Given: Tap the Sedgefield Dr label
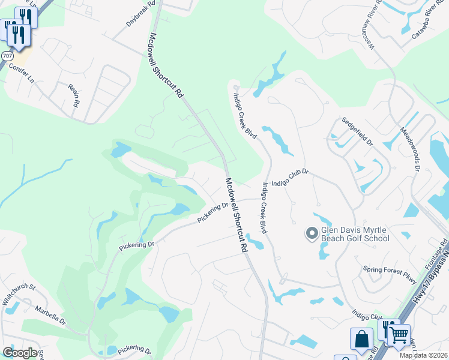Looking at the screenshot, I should [357, 132].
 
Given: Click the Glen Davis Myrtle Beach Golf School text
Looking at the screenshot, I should [355, 233].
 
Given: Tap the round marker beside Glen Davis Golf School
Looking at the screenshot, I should [312, 233].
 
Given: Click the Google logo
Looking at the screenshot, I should [20, 353].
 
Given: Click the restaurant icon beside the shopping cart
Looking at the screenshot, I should [388, 329].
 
